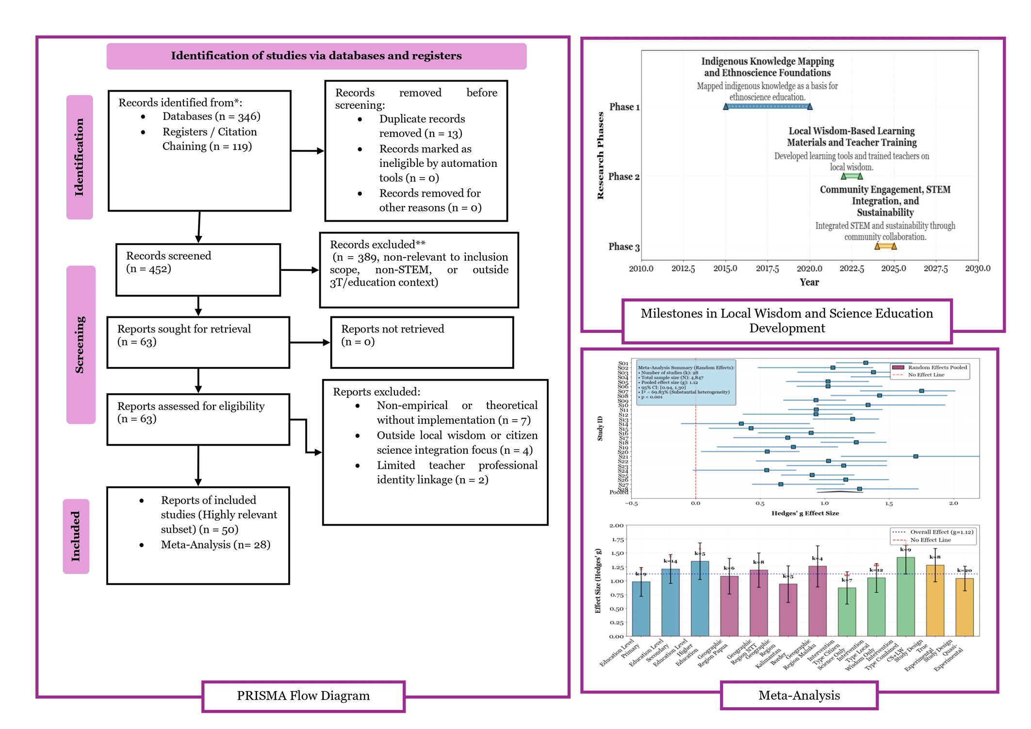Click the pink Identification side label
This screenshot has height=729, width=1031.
[x=80, y=157]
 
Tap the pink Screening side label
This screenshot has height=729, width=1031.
[x=81, y=345]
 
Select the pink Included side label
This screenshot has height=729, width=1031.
[x=76, y=536]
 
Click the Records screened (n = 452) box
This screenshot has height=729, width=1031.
[x=198, y=269]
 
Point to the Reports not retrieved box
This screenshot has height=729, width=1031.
[x=422, y=342]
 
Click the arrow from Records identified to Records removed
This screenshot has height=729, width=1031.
[x=307, y=151]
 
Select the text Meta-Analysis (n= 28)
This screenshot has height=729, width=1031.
[x=215, y=545]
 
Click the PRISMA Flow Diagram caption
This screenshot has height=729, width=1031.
[x=303, y=696]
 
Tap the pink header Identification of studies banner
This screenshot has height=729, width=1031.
[x=316, y=56]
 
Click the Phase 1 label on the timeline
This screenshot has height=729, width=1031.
[x=624, y=107]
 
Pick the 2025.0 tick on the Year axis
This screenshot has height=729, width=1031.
[x=893, y=268]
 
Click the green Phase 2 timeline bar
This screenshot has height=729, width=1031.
[x=851, y=176]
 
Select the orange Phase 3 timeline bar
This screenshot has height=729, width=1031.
[x=885, y=246]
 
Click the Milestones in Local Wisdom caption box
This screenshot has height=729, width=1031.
[x=786, y=321]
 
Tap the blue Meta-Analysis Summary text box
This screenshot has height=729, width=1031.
[x=686, y=382]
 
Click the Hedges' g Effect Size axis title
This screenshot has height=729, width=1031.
[x=805, y=513]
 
